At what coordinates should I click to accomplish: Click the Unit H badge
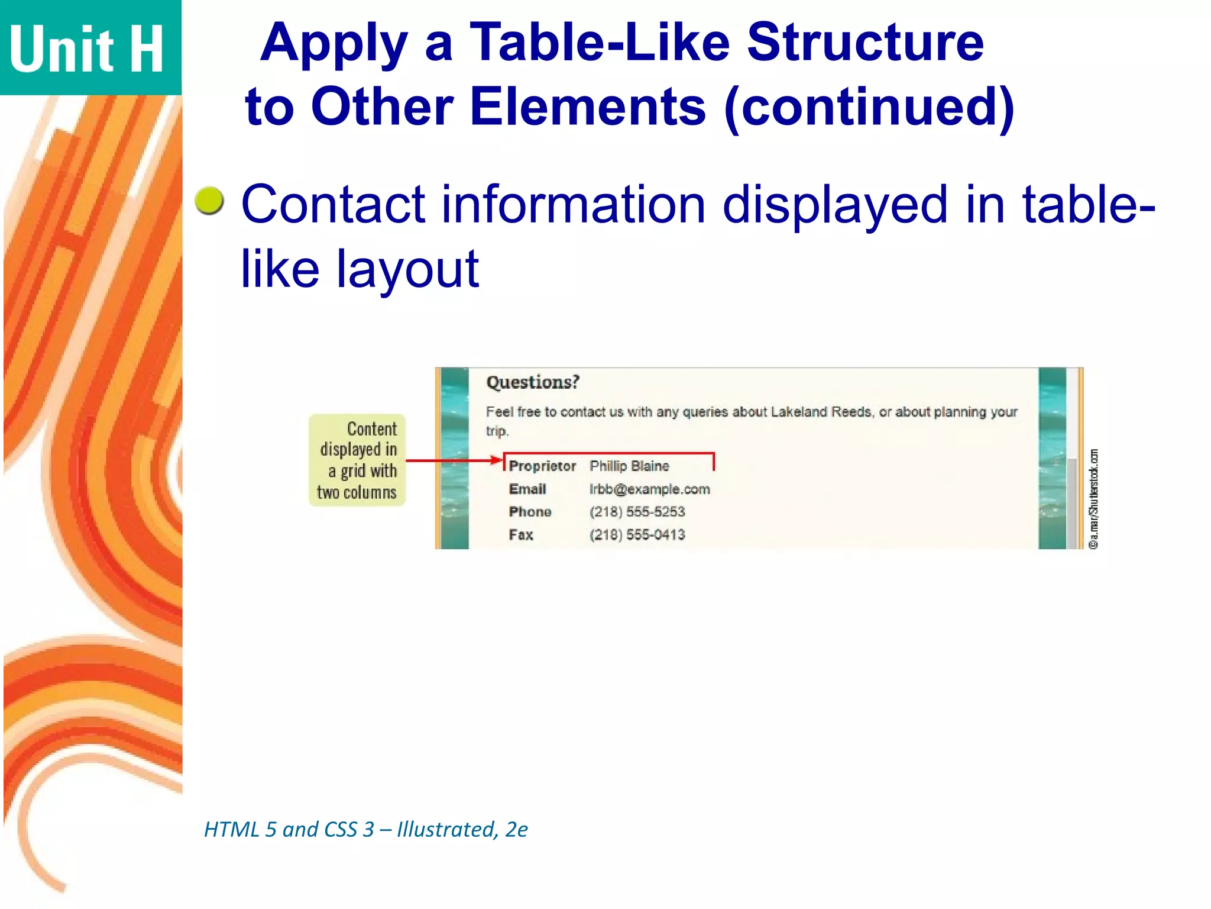click(x=89, y=47)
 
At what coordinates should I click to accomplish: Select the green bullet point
click(x=209, y=201)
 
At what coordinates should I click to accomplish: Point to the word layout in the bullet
click(x=407, y=269)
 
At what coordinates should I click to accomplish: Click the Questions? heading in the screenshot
click(x=532, y=382)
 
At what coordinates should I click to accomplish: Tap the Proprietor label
click(x=542, y=466)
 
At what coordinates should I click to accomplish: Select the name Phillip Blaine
click(x=629, y=466)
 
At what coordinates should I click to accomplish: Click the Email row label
click(x=527, y=489)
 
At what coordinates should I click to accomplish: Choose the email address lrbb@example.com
click(x=649, y=489)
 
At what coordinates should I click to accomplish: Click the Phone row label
click(x=530, y=512)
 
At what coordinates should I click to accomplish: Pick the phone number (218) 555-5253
click(x=637, y=512)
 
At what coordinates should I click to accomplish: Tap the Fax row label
click(x=521, y=535)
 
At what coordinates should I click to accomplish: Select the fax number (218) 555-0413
click(x=637, y=535)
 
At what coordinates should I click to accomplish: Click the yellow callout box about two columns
click(x=357, y=460)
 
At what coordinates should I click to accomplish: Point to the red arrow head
click(x=497, y=460)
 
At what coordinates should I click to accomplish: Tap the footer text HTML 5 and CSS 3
click(x=289, y=830)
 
